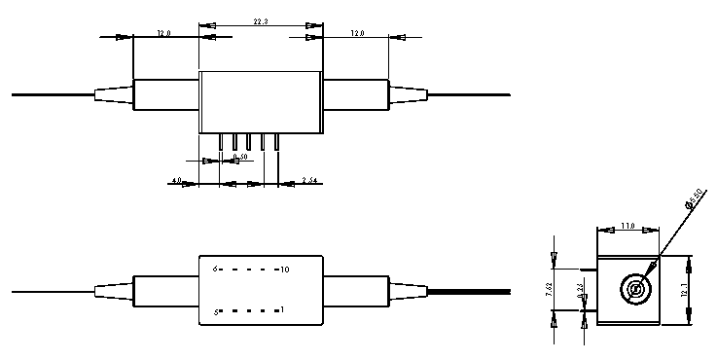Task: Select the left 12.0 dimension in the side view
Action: [163, 34]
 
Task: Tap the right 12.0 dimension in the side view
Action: [357, 34]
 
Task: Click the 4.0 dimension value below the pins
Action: [175, 180]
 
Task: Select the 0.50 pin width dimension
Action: [239, 157]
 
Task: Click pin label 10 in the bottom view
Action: [283, 268]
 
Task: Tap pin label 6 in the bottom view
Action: [217, 268]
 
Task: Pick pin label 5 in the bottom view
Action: [217, 311]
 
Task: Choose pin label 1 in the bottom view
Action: [282, 311]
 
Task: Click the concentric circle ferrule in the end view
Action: [634, 289]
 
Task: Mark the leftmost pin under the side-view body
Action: [222, 142]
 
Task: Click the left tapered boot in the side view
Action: [114, 94]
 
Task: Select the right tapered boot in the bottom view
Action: [408, 290]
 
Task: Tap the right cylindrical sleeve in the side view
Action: [355, 94]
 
